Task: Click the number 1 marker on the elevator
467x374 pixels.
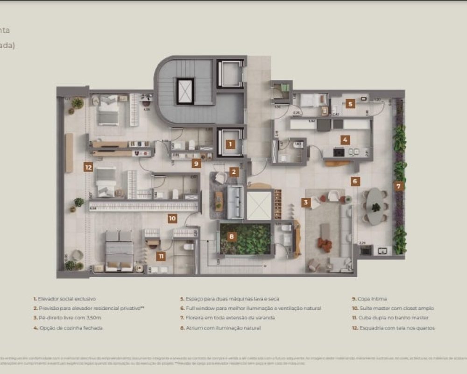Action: [x=230, y=144]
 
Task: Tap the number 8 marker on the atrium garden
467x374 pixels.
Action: [x=232, y=237]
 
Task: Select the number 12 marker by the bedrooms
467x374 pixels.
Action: [x=88, y=167]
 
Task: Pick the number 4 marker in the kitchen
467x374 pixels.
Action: [x=345, y=139]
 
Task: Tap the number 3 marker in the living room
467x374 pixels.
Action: [x=305, y=202]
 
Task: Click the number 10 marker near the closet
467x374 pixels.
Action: [x=172, y=218]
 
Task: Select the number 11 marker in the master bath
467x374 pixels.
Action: [x=161, y=256]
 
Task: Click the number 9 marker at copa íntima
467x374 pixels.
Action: [x=197, y=163]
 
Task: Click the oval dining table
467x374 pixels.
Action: [x=374, y=206]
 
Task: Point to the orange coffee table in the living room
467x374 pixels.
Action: [x=325, y=244]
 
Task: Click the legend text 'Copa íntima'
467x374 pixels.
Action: [x=372, y=298]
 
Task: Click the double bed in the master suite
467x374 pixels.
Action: [x=119, y=251]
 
